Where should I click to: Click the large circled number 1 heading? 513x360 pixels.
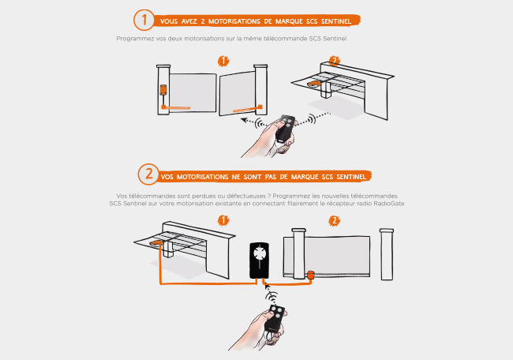(144, 20)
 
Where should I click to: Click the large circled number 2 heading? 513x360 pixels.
(148, 174)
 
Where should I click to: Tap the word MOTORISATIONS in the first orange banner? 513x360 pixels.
(234, 21)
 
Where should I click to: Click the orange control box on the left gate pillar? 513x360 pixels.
(163, 90)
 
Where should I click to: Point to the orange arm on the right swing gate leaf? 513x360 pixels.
(248, 109)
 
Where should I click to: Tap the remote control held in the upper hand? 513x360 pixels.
(285, 129)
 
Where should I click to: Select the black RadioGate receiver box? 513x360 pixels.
(260, 261)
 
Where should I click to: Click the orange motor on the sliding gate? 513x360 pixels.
(310, 275)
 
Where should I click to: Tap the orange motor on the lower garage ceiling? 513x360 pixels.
(157, 243)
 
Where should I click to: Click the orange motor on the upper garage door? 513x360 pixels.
(314, 84)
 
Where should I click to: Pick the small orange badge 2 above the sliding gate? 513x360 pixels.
(335, 221)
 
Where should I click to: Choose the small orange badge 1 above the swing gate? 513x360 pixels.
(223, 61)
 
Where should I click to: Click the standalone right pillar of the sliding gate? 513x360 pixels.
(387, 254)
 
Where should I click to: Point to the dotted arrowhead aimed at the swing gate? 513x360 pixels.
(244, 120)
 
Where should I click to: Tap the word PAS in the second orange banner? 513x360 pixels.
(271, 177)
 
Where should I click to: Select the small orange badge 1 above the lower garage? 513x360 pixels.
(223, 220)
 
